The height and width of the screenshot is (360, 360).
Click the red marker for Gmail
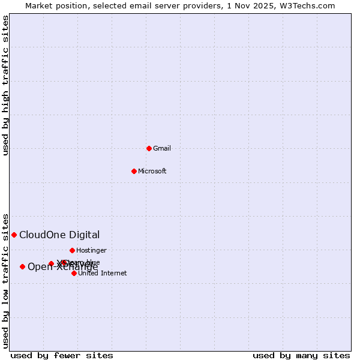[x=149, y=148]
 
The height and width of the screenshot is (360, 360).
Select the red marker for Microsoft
[x=134, y=171]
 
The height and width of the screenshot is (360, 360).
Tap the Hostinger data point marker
[x=72, y=250]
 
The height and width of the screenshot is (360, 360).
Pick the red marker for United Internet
[x=74, y=273]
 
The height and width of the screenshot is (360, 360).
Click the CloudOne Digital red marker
[x=14, y=235]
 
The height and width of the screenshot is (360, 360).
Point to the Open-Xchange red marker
[x=22, y=266]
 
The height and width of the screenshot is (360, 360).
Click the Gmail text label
[x=162, y=148]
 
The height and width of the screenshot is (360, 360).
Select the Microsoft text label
[x=152, y=171]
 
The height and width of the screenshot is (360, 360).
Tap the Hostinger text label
[x=91, y=250]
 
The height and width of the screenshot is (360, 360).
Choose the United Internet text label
[x=102, y=273]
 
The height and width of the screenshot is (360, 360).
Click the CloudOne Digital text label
[x=59, y=235]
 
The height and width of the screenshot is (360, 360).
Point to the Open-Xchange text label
[x=62, y=266]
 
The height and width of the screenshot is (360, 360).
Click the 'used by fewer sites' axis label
[x=62, y=355]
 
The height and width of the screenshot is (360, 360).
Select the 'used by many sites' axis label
[x=301, y=355]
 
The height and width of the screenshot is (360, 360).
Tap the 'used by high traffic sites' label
[x=5, y=85]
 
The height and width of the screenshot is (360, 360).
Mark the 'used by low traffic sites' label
[x=5, y=280]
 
